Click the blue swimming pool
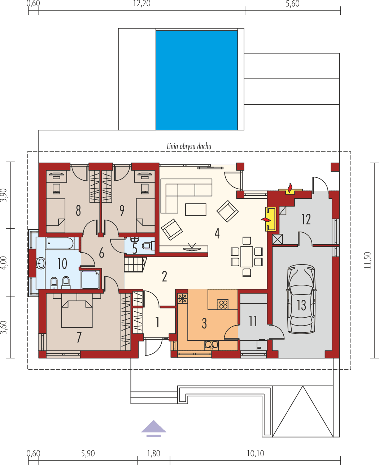(x=196, y=80)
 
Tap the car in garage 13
(x=301, y=299)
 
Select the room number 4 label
(x=217, y=233)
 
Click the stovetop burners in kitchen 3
(x=223, y=305)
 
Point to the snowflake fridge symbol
(x=183, y=298)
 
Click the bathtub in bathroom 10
(x=59, y=243)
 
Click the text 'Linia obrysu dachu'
(x=189, y=146)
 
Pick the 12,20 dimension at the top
(x=141, y=4)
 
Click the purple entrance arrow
(x=153, y=427)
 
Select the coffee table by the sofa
(x=196, y=210)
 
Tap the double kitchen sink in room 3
(x=212, y=345)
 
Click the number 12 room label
(x=306, y=219)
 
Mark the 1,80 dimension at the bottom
(x=153, y=453)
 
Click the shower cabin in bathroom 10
(x=90, y=279)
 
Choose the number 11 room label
(x=253, y=320)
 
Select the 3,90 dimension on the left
(x=4, y=195)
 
